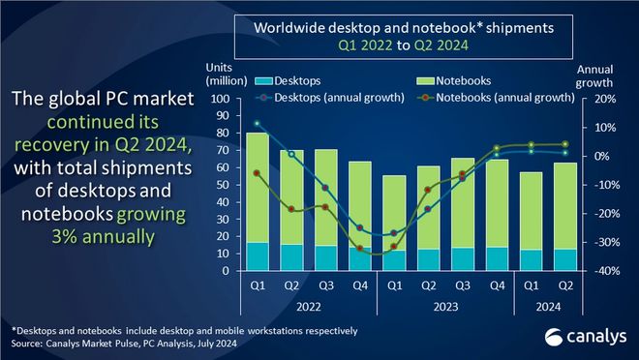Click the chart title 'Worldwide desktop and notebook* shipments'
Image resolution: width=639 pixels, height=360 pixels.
pos(404,28)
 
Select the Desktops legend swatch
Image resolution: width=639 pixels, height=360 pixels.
pos(263,81)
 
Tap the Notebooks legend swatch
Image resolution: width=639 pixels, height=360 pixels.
pos(425,81)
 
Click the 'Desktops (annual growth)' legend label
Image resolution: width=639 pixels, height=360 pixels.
pos(339,98)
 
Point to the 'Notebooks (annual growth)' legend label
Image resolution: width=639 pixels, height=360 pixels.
pos(505,98)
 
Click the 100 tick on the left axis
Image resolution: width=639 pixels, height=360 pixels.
pos(221,99)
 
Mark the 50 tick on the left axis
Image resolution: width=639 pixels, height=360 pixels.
pos(224,185)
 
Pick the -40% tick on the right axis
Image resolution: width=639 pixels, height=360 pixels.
pos(606,271)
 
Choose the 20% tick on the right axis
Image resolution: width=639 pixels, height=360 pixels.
pos(605,99)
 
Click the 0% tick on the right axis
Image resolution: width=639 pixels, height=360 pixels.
pos(601,157)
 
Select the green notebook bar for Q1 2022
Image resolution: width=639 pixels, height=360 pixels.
pos(258,188)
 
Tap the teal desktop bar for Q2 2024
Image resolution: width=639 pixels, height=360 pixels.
pos(565,259)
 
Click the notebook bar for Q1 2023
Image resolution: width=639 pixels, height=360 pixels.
pos(394,213)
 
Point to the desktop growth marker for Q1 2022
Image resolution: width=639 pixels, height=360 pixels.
pos(257,124)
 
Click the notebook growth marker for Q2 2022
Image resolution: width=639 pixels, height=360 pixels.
pos(291,209)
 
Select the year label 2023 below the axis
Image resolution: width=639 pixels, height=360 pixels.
pos(445,307)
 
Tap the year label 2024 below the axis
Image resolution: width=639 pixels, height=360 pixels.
pos(549,307)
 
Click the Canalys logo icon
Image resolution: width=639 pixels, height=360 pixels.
pos(554,338)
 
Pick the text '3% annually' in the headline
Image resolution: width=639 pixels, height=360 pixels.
pos(104,236)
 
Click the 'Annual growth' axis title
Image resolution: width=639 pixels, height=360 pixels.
pos(594,76)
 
